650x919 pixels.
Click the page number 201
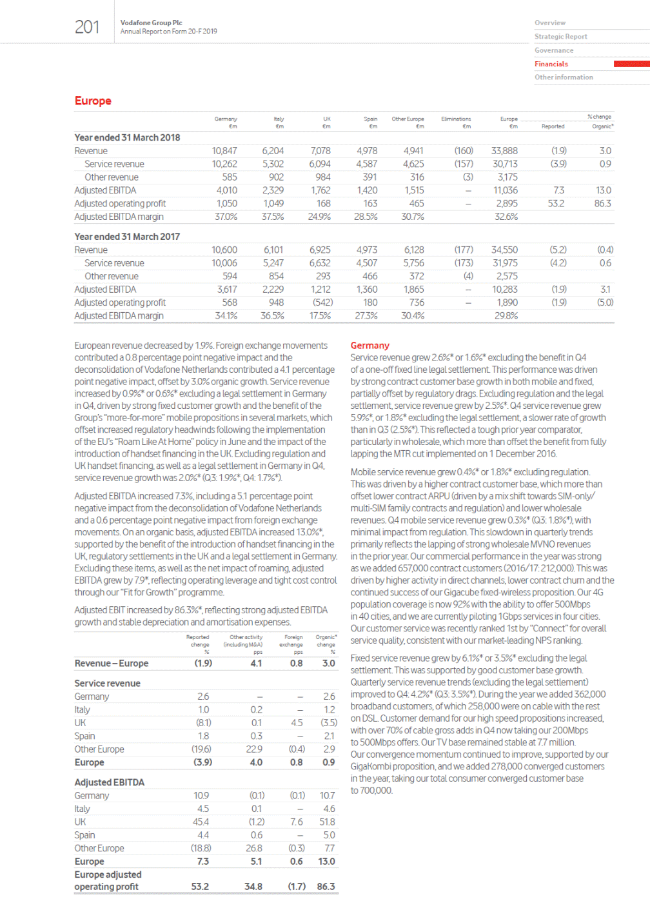click(x=87, y=27)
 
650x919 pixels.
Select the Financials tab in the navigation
click(x=551, y=64)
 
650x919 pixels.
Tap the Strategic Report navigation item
click(x=560, y=37)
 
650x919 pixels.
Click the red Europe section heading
click(x=93, y=101)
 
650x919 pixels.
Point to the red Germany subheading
click(x=369, y=346)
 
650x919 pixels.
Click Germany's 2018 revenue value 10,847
click(x=224, y=151)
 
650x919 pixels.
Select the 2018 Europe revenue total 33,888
click(x=504, y=151)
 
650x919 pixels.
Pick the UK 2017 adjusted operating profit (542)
click(x=322, y=302)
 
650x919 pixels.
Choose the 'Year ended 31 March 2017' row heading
click(x=127, y=237)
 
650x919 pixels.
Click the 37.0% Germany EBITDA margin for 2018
click(x=226, y=217)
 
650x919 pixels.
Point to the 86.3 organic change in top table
click(x=602, y=203)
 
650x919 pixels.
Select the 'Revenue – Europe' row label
click(x=112, y=664)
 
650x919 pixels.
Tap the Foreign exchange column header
click(x=293, y=640)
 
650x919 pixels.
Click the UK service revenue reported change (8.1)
click(x=203, y=723)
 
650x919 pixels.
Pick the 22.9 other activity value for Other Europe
click(x=254, y=749)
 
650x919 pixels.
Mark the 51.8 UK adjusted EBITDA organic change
click(x=327, y=822)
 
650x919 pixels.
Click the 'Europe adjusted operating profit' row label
click(x=108, y=880)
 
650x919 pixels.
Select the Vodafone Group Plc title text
click(x=151, y=23)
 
